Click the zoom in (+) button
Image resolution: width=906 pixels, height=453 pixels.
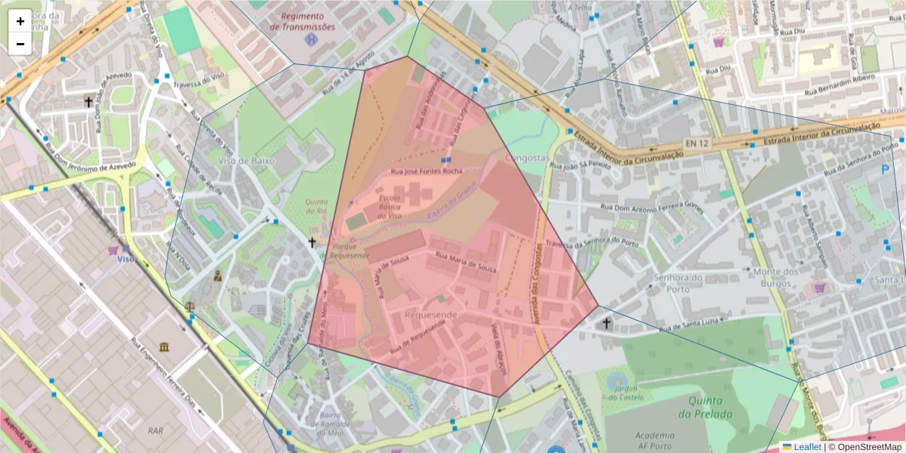coord(20,21)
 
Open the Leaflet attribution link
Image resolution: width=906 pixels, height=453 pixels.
coord(807,447)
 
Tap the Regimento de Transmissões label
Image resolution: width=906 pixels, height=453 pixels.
coord(302,21)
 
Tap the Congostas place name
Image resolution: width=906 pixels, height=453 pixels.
coord(525,159)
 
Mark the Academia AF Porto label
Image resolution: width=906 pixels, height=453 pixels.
coord(655,440)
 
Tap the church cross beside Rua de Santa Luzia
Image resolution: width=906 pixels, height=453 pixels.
coord(606,324)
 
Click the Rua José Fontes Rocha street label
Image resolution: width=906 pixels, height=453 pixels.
coord(426,171)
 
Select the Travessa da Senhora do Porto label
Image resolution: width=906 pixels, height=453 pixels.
coord(592,243)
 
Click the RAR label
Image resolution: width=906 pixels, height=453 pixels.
coord(156,430)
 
